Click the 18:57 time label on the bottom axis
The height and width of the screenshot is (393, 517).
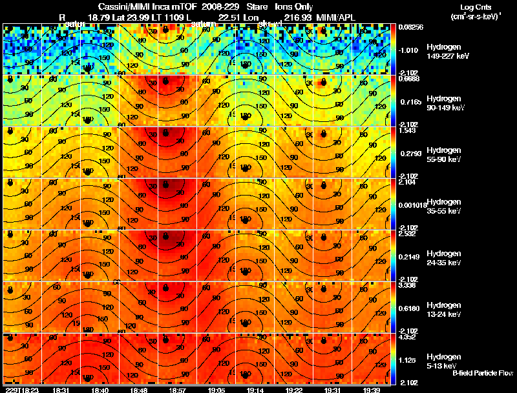tap(176, 389)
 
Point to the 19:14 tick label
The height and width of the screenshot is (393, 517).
tap(253, 389)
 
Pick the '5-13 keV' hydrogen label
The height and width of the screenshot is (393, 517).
tap(443, 366)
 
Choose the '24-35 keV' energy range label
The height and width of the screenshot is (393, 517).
tap(443, 263)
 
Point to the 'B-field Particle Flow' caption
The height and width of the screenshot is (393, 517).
tap(482, 373)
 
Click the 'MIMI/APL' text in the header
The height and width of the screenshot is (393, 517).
tap(341, 16)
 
